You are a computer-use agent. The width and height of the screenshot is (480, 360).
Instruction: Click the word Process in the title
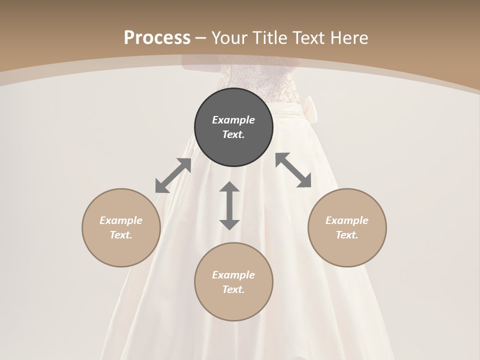[157, 37]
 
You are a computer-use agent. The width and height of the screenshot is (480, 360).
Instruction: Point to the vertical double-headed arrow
[229, 205]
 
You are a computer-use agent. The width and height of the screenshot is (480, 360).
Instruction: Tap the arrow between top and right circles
[293, 170]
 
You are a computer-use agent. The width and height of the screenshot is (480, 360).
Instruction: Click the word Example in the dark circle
[233, 120]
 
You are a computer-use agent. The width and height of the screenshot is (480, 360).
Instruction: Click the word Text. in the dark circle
[233, 134]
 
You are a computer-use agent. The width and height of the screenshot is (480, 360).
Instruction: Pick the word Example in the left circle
[121, 220]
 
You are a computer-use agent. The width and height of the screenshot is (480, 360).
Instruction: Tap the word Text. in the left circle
[121, 235]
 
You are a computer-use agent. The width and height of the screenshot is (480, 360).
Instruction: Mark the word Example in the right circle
[347, 220]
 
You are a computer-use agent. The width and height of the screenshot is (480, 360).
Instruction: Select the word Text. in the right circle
[347, 235]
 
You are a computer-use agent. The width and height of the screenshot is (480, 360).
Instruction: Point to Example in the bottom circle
[233, 275]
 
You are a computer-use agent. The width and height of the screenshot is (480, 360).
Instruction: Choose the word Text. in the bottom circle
[233, 289]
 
